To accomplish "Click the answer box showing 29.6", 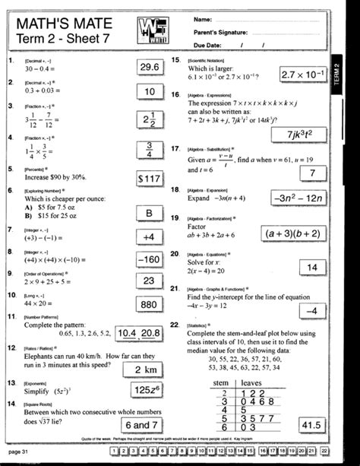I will pos(148,69).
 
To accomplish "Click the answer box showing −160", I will pos(148,259).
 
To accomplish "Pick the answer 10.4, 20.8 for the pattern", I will pos(139,332).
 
